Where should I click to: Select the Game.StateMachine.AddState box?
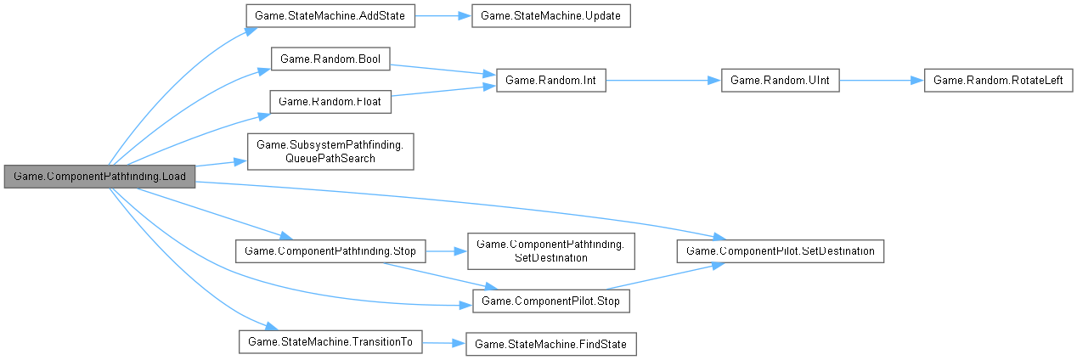[330, 17]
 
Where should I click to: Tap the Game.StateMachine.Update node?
[550, 17]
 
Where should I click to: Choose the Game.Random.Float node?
[330, 102]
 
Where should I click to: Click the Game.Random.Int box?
[550, 81]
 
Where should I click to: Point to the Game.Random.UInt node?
[780, 81]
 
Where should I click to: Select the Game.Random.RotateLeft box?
[998, 81]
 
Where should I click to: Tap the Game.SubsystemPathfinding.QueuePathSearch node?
[330, 152]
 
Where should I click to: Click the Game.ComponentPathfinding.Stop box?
[330, 251]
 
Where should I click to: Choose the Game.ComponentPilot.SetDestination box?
[780, 251]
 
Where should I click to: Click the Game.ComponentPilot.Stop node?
[550, 301]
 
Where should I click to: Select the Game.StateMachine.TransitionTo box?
[330, 343]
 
